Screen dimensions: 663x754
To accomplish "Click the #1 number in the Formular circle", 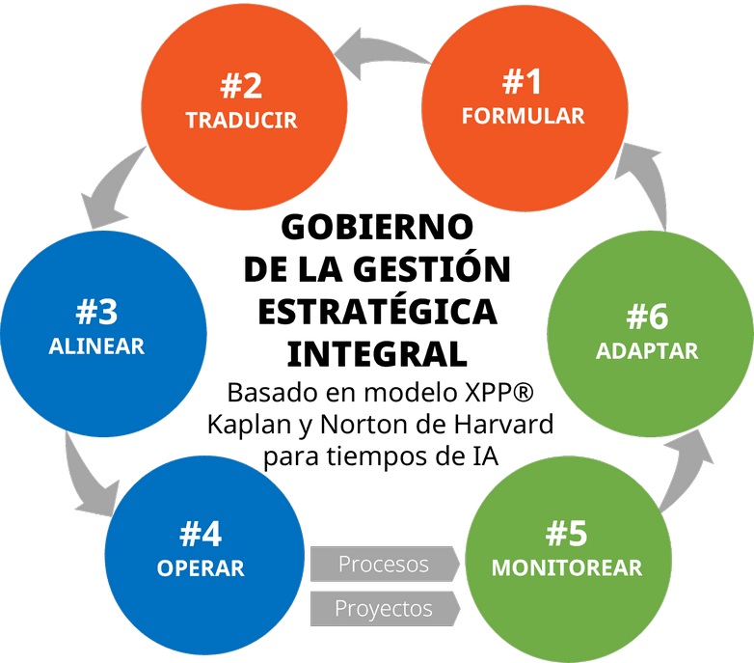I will tap(522, 82).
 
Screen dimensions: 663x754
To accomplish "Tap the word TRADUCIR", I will tap(241, 121).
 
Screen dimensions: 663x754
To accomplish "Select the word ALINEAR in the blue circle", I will tap(96, 345).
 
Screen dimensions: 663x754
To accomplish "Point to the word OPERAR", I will tap(201, 566).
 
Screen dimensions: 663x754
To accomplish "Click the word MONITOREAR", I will tap(567, 566).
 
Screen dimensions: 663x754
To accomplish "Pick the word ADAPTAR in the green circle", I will tap(646, 350).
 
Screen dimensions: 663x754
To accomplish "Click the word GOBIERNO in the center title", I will tap(376, 228).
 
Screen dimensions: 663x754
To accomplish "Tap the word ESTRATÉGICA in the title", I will tap(378, 311).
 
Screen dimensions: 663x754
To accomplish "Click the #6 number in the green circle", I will tap(646, 316).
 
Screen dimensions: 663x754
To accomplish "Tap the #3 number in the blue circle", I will tap(96, 312).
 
